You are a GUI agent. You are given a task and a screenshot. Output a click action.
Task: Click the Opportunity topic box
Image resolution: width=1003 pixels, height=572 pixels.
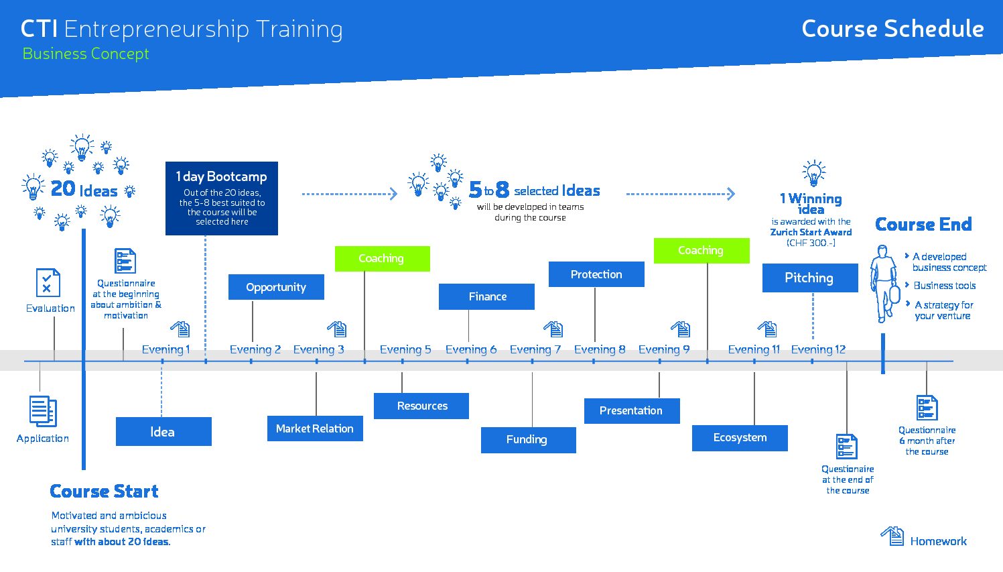click(276, 287)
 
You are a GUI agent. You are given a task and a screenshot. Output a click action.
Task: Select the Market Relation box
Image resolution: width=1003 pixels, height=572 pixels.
click(315, 428)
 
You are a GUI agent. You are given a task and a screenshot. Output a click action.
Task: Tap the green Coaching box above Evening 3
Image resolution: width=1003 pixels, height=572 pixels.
click(383, 259)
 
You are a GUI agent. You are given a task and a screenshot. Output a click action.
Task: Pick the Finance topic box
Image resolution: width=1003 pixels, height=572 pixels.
click(486, 297)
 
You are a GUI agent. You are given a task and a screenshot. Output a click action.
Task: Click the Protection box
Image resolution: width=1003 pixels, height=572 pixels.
click(596, 274)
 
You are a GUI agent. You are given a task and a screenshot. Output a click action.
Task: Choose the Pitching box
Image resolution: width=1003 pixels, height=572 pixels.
click(810, 278)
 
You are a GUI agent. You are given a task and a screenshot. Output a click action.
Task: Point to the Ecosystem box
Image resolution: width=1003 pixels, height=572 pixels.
click(740, 438)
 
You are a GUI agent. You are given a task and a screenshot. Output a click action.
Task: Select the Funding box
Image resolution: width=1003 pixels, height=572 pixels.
click(529, 440)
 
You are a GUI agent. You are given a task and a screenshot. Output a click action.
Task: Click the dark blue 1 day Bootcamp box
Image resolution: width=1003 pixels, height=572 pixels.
click(222, 198)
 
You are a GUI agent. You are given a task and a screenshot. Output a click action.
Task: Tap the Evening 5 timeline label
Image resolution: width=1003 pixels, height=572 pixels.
click(405, 349)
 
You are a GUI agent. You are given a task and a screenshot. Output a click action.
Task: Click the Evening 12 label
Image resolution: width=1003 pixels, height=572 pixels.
click(818, 349)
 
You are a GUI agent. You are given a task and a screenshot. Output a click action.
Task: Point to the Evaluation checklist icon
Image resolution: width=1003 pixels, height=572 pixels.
click(48, 283)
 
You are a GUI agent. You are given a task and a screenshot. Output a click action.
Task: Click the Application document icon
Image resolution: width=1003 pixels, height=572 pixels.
click(43, 411)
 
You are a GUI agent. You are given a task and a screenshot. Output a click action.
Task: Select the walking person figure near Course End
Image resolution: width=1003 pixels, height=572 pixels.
click(885, 284)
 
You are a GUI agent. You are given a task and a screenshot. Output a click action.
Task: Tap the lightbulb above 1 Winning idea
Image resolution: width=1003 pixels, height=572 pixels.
click(814, 173)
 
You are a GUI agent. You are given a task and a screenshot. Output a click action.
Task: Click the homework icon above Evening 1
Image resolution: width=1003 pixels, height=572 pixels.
click(180, 329)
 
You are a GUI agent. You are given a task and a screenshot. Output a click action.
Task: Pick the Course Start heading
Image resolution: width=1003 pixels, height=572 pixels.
click(104, 492)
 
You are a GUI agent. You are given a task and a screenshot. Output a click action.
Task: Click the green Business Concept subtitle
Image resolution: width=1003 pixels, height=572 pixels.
click(86, 54)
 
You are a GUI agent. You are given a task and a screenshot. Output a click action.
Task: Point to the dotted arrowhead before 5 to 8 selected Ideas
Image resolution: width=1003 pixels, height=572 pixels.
click(393, 194)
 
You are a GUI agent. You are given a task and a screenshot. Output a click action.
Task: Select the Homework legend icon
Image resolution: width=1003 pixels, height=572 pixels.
click(892, 536)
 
